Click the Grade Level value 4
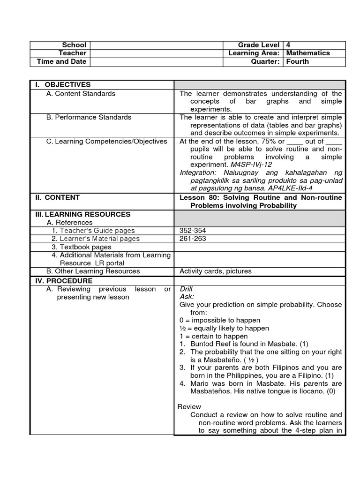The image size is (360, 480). (x=288, y=45)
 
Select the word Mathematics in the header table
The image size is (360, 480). (x=308, y=53)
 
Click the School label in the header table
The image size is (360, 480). (x=75, y=45)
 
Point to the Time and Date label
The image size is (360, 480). (x=61, y=61)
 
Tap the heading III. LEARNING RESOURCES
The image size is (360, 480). (x=82, y=214)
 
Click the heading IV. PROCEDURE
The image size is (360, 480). (x=64, y=281)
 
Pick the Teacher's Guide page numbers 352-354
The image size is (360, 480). (x=193, y=231)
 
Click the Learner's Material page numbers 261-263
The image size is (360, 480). (x=193, y=239)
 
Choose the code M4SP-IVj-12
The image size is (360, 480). (x=251, y=165)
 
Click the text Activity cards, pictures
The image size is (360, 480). (x=216, y=271)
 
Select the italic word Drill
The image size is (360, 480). (x=186, y=289)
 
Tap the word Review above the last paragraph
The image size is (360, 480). (x=189, y=406)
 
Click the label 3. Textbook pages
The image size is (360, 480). (x=82, y=247)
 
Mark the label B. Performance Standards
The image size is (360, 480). (x=89, y=117)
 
